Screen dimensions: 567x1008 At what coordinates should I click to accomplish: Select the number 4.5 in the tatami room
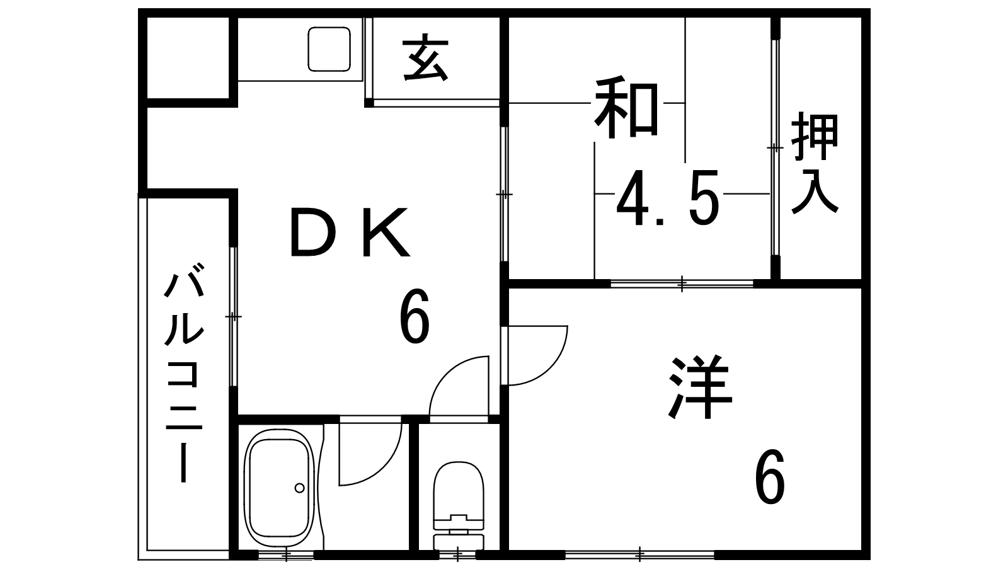click(x=668, y=200)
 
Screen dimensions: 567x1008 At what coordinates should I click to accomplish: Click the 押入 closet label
click(x=815, y=164)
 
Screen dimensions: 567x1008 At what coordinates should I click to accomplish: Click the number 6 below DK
click(x=414, y=316)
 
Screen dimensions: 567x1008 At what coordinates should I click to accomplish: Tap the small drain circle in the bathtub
click(x=299, y=487)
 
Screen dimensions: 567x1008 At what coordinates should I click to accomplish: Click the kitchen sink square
click(x=329, y=49)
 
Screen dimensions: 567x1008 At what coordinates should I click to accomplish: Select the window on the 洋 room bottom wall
click(x=639, y=554)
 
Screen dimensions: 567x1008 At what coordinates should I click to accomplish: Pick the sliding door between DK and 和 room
click(x=504, y=194)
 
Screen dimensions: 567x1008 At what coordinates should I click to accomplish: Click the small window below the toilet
click(x=458, y=555)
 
